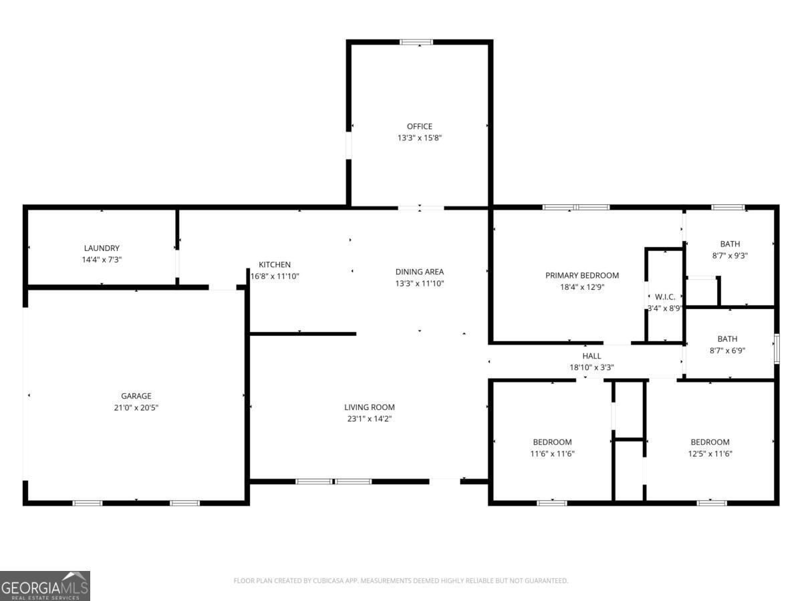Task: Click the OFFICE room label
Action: click(x=419, y=126)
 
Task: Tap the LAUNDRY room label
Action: click(x=102, y=248)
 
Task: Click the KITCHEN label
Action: click(x=275, y=264)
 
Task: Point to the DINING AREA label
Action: click(x=419, y=271)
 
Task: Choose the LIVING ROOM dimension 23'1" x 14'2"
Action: click(x=369, y=419)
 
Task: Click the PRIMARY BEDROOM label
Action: click(x=581, y=275)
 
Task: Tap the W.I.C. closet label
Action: click(x=664, y=296)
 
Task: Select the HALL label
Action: click(x=591, y=356)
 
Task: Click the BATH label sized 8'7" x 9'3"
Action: click(x=729, y=244)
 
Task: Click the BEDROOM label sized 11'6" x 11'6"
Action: click(x=552, y=442)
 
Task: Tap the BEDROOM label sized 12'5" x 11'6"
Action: click(x=710, y=442)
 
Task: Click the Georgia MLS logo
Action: click(x=45, y=586)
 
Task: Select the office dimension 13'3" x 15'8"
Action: click(x=419, y=138)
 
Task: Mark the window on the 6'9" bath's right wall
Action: click(x=777, y=348)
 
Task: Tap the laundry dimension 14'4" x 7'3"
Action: click(x=102, y=259)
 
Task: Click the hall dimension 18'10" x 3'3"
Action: click(x=591, y=367)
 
